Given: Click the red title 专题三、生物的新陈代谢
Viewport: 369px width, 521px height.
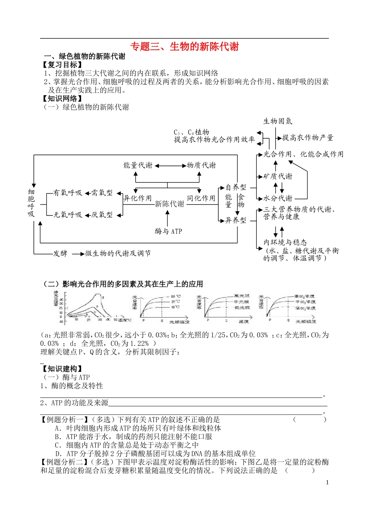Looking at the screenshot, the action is (x=184, y=47).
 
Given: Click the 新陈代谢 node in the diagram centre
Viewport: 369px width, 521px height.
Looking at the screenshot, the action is (x=169, y=204).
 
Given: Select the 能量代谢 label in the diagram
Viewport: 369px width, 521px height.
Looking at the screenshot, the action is (x=138, y=165).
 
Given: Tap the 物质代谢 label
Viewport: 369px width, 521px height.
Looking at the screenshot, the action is (x=201, y=165).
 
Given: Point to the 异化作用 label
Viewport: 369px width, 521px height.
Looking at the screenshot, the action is (x=138, y=198).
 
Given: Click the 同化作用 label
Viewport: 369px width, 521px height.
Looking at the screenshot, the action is (x=201, y=198).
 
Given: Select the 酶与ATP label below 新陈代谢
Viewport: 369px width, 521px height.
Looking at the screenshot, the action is (x=168, y=231).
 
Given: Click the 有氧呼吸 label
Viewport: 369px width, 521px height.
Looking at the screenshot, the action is (x=68, y=193).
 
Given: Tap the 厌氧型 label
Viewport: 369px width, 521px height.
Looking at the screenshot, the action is (x=102, y=215).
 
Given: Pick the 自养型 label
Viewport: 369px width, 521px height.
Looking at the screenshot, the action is (x=236, y=188).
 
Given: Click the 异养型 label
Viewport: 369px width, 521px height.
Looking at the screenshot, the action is (x=236, y=221).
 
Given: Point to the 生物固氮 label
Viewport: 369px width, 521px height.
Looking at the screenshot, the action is (x=278, y=122).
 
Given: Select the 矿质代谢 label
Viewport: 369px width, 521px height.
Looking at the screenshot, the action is (x=278, y=177).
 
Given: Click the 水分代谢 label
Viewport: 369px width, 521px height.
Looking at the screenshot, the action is (x=278, y=198).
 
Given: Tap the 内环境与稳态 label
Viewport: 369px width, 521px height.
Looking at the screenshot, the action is (x=285, y=242).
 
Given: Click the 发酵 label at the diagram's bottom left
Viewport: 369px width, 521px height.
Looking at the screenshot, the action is (x=60, y=254).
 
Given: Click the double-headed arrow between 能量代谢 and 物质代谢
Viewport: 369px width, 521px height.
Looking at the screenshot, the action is (x=170, y=166).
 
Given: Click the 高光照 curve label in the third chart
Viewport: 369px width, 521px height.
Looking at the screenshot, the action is (x=241, y=296).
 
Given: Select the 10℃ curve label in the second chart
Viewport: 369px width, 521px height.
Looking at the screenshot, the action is (x=175, y=307).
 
